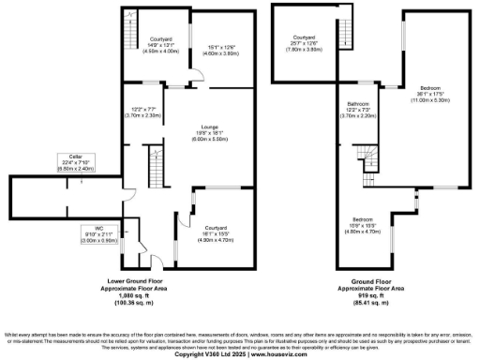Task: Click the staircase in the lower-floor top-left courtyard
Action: pyautogui.click(x=129, y=20)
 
